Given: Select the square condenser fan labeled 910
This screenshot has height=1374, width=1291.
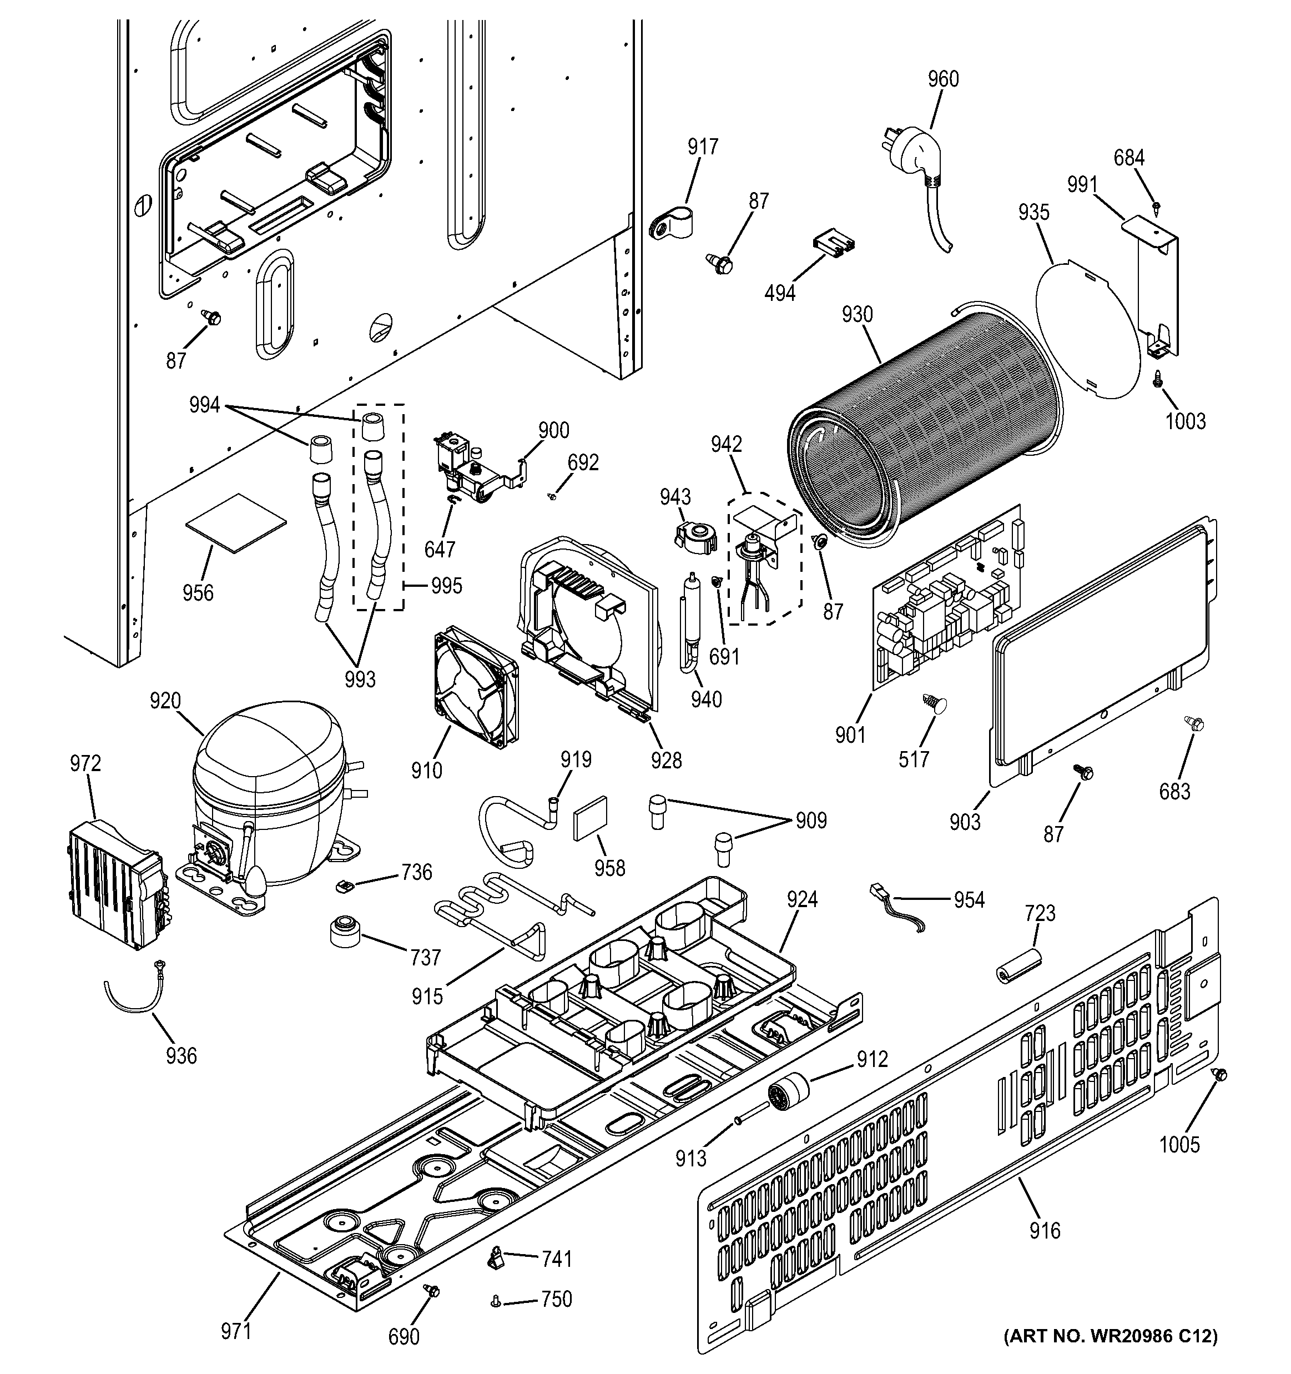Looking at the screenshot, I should (x=476, y=692).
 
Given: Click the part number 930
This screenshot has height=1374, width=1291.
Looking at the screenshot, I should (x=857, y=315).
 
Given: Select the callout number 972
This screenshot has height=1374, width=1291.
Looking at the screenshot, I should (x=85, y=764).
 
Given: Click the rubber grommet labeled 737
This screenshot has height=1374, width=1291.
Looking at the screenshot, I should (x=344, y=932).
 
